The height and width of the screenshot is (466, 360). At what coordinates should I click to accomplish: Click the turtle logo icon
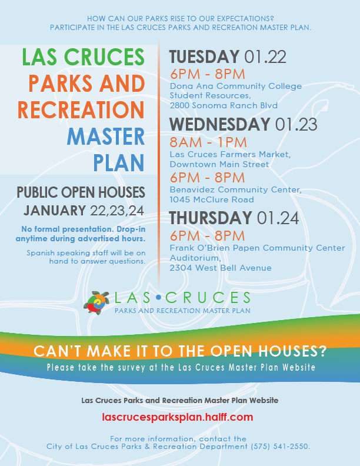coord(96,302)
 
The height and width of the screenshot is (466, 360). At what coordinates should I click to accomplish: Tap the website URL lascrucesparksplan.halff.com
coord(177,417)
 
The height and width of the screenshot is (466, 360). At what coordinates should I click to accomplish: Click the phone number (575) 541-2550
coord(280,447)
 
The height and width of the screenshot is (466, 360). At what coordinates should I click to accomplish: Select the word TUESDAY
coord(204,56)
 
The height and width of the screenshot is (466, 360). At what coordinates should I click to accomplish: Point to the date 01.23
coord(296,124)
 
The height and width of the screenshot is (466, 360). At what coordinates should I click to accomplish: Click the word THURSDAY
coord(211,218)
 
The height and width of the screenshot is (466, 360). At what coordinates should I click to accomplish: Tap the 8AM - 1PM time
coord(208,142)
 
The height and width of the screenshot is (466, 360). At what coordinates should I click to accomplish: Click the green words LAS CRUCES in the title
coord(83,56)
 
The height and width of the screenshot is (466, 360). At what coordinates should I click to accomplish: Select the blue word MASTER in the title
coord(106,137)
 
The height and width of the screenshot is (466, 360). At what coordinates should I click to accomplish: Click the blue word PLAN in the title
coord(119,163)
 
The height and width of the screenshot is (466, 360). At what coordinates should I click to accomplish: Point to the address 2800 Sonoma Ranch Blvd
coord(224,105)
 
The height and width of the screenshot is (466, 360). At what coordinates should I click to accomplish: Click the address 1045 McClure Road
coord(212,199)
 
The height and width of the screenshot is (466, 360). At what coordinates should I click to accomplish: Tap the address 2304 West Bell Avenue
coord(221,268)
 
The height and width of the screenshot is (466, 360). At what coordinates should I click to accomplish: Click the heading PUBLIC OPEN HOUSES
coord(81,192)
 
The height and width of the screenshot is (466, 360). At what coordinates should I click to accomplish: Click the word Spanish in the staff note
coord(41,253)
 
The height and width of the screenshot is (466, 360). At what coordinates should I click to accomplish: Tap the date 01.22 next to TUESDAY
coord(265,56)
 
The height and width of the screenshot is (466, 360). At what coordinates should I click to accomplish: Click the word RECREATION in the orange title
coord(81,110)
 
